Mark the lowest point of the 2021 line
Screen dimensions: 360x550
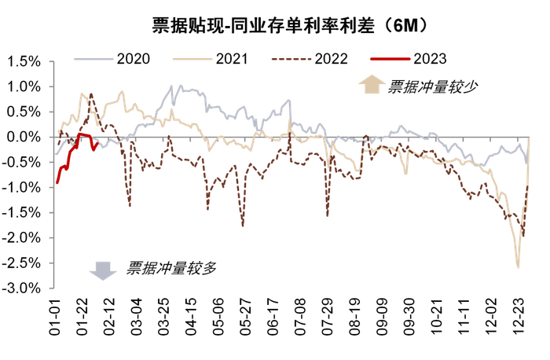click(x=518, y=266)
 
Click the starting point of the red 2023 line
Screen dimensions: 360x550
click(x=57, y=182)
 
